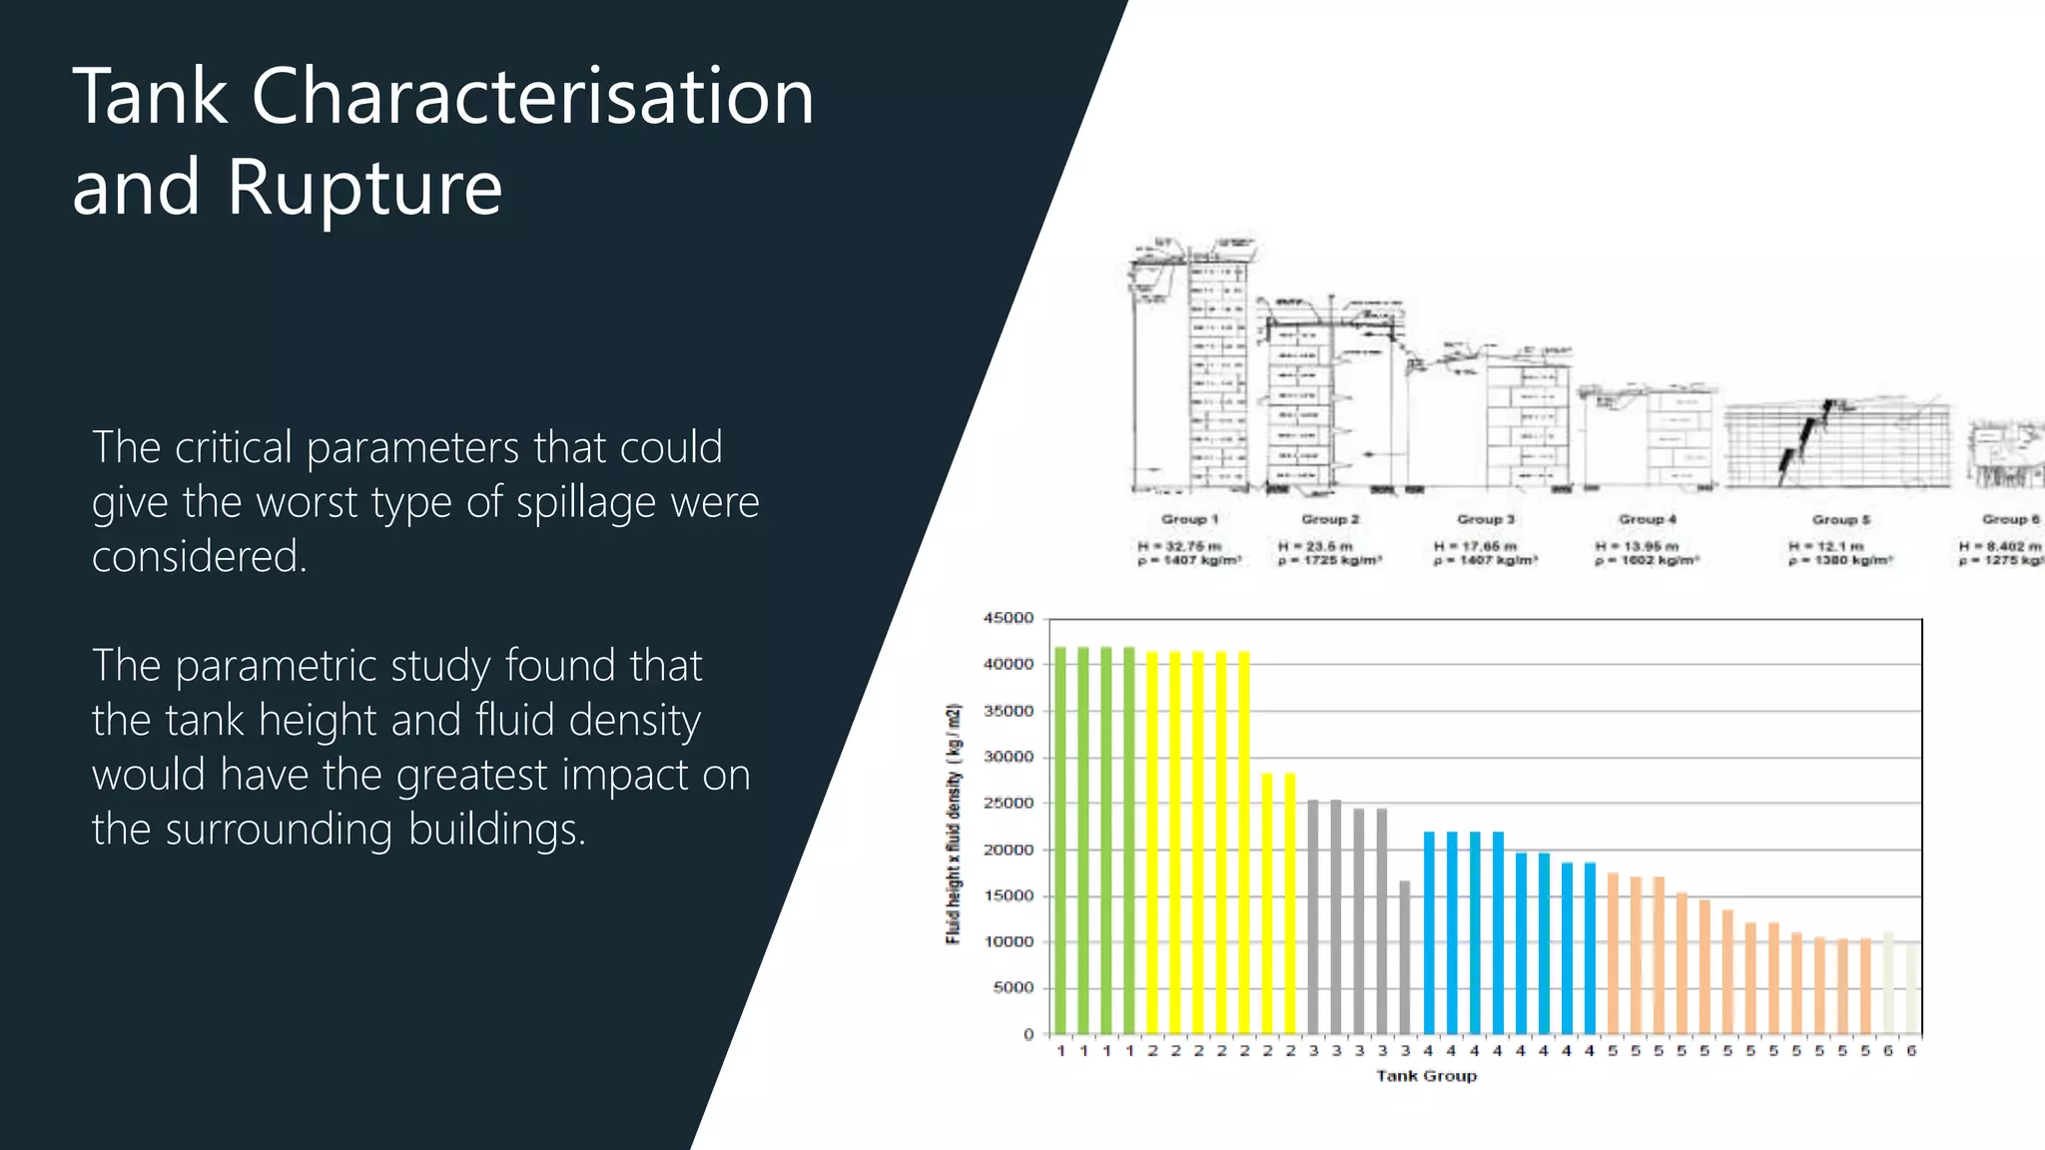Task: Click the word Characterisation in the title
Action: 532,97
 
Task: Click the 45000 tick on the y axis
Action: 1009,618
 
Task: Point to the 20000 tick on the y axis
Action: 1009,850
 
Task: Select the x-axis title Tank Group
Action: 1426,1075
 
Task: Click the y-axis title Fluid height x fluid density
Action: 954,825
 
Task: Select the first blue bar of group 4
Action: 1429,932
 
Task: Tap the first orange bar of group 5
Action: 1613,952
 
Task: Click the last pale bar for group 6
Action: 1910,988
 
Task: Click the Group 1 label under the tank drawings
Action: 1189,519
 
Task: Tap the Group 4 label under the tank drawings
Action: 1648,519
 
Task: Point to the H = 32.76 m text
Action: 1179,546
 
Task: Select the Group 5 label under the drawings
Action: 1841,519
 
